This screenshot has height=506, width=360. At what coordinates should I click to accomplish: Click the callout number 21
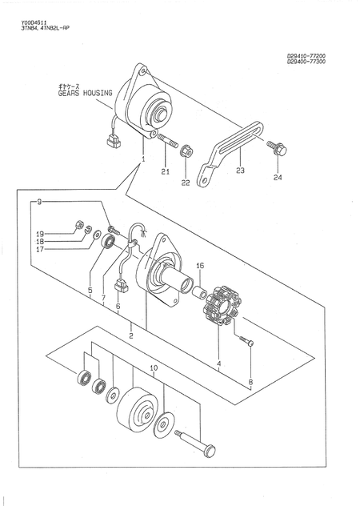(x=165, y=171)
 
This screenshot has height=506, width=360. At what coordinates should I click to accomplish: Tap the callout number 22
(x=186, y=183)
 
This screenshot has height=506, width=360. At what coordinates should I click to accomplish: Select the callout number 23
(x=240, y=171)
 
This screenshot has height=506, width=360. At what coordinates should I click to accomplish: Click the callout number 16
(x=200, y=265)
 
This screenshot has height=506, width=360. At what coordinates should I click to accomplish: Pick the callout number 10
(x=153, y=369)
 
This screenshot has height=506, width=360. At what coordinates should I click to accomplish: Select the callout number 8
(x=250, y=383)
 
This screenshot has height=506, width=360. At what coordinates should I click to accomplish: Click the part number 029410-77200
(x=311, y=56)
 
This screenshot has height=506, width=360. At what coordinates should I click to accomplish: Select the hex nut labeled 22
(x=186, y=149)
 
